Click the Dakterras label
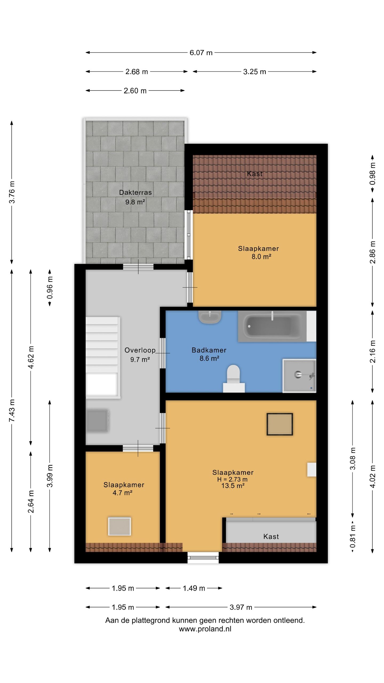pyautogui.click(x=135, y=192)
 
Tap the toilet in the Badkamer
pyautogui.click(x=234, y=378)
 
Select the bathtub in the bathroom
pyautogui.click(x=272, y=326)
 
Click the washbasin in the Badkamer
pyautogui.click(x=210, y=317)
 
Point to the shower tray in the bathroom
pyautogui.click(x=299, y=376)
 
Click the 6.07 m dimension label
pyautogui.click(x=201, y=53)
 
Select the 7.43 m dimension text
pyautogui.click(x=12, y=410)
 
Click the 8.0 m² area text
pyautogui.click(x=261, y=257)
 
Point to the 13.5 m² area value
pyautogui.click(x=233, y=486)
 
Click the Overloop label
pyautogui.click(x=140, y=350)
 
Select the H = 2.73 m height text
pyautogui.click(x=232, y=479)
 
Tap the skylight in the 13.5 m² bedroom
pyautogui.click(x=280, y=424)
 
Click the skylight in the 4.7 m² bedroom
pyautogui.click(x=119, y=526)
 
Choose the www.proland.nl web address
pyautogui.click(x=205, y=629)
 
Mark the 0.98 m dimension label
pyautogui.click(x=373, y=174)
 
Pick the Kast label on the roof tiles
pyautogui.click(x=255, y=174)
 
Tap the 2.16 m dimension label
pyautogui.click(x=373, y=351)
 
